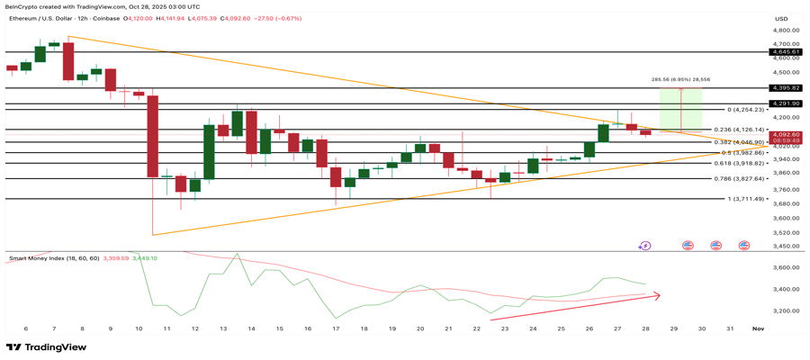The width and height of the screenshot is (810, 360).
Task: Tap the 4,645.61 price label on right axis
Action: tap(780, 52)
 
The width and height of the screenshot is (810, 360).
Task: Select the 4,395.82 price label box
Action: tap(780, 88)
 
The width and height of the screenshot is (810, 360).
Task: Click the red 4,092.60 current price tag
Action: tap(780, 135)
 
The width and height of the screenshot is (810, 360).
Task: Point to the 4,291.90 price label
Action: tap(780, 104)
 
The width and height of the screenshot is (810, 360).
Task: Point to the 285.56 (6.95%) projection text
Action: tap(680, 79)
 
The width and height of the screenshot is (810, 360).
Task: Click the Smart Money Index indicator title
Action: tap(52, 258)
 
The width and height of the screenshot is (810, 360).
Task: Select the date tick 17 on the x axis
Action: tap(335, 329)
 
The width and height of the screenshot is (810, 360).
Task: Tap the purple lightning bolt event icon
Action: tap(644, 244)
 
